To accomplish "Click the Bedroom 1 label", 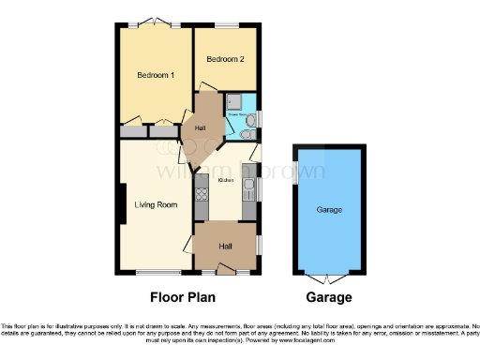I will (155, 75).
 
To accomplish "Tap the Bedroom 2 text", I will (225, 59).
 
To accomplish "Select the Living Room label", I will (156, 204).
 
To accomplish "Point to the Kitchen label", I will (226, 179).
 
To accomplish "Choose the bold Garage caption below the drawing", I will (328, 297).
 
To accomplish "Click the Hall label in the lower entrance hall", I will (225, 246).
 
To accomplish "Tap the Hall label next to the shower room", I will (200, 127).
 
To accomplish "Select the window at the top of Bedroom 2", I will (225, 23).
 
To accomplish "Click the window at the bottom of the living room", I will (150, 274).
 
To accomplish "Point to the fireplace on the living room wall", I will (122, 202).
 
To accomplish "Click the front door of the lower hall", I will (225, 273).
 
